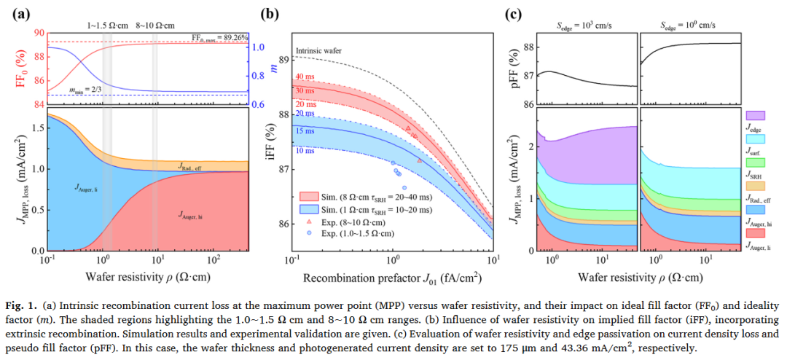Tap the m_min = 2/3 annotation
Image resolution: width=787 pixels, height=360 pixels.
point(86,90)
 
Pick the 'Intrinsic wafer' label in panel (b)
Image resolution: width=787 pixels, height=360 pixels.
point(318,51)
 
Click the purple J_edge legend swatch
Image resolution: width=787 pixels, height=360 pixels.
point(755,115)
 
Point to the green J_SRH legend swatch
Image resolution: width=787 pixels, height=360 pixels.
point(755,162)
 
